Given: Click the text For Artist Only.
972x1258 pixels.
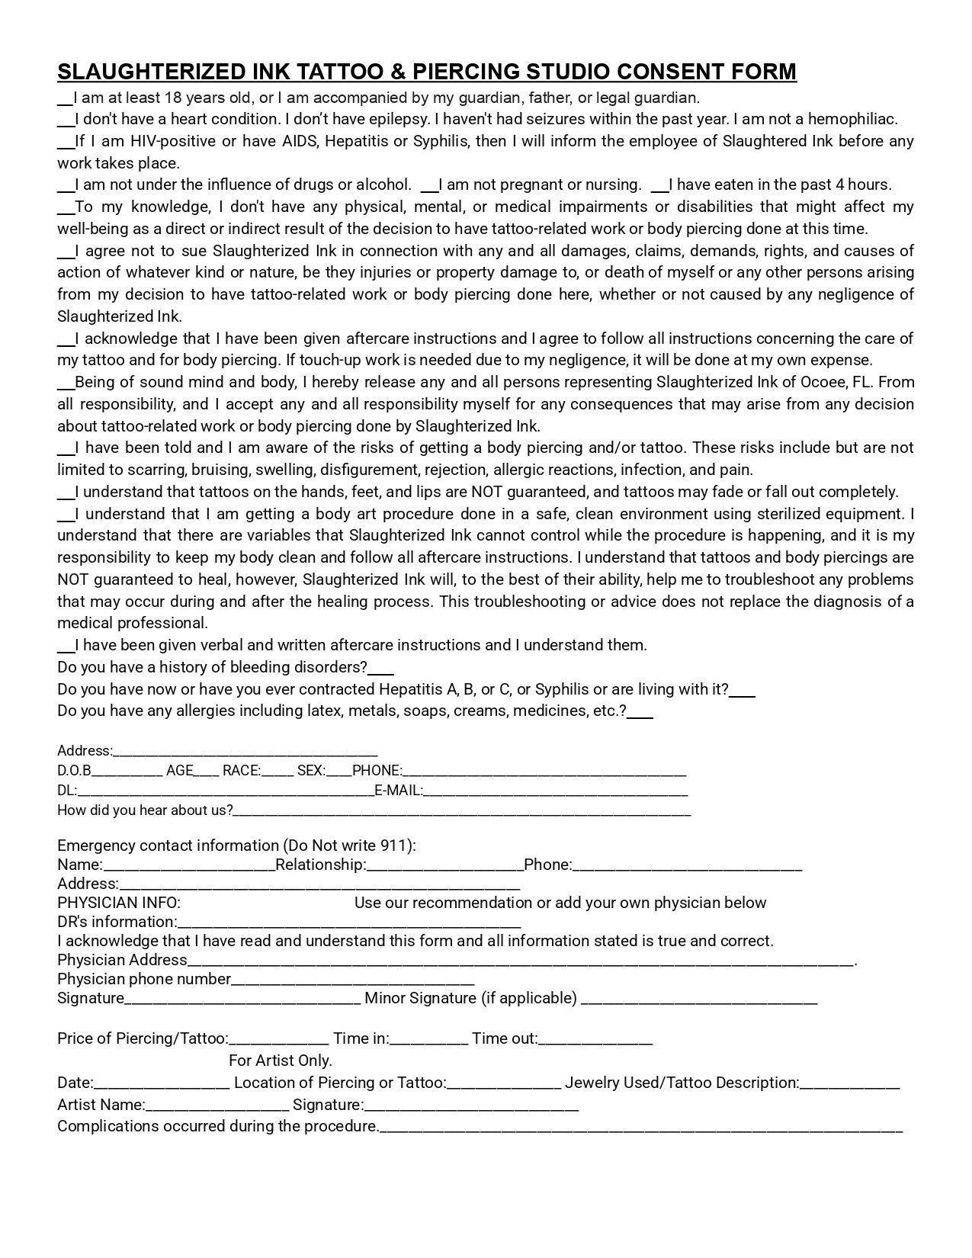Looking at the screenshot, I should tap(280, 1061).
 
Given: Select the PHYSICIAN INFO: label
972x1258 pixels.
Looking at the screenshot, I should tap(119, 903).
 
